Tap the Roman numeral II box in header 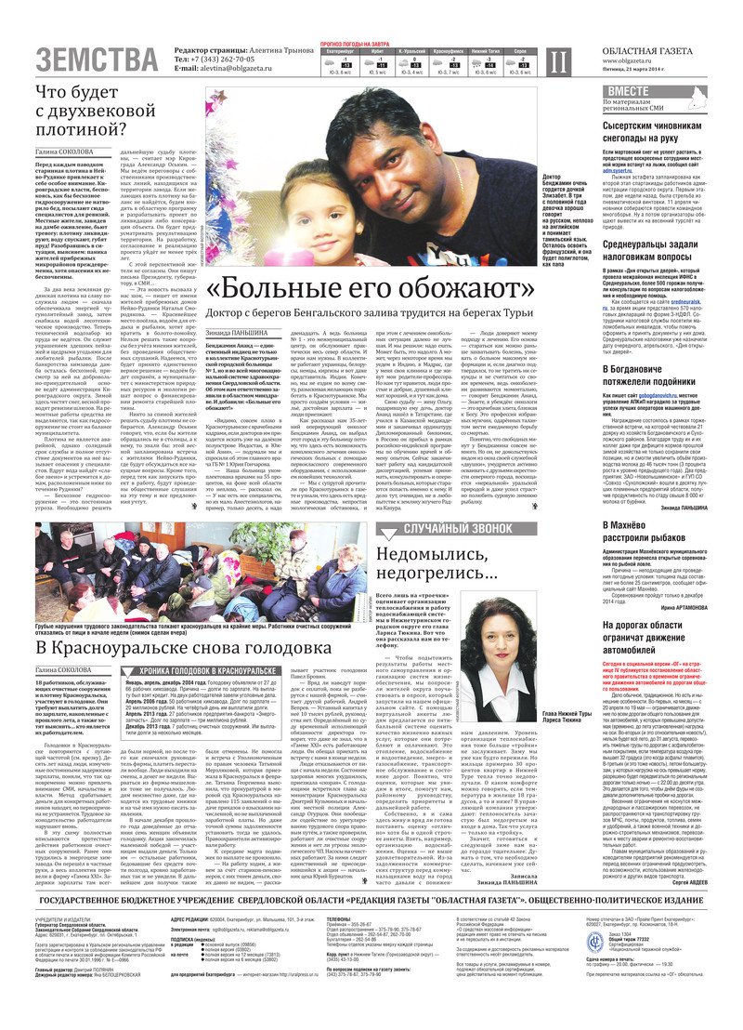coord(556,61)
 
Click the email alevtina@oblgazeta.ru coord(224,69)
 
